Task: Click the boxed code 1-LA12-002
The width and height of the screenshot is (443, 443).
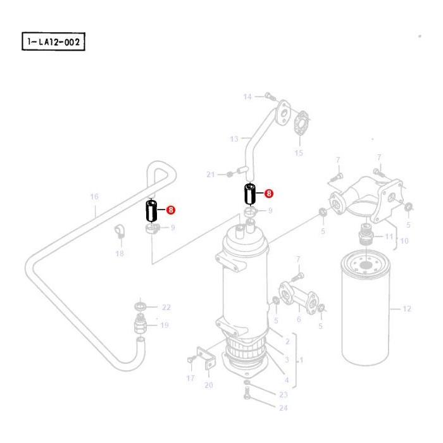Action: [53, 42]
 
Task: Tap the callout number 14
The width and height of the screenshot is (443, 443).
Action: [247, 97]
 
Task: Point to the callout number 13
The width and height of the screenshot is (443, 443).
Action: [234, 139]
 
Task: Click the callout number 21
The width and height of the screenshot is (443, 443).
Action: [211, 174]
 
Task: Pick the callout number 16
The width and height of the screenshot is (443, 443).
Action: [94, 197]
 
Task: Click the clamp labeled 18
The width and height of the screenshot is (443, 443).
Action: [118, 233]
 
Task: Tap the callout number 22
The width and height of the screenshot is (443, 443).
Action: [166, 308]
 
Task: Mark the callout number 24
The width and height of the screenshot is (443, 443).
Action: [283, 408]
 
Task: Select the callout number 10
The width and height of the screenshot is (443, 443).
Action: [405, 240]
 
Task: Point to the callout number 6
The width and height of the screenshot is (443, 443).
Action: [299, 320]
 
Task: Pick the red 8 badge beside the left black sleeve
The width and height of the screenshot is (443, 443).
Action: [170, 210]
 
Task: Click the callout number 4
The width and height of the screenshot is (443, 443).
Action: [287, 380]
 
